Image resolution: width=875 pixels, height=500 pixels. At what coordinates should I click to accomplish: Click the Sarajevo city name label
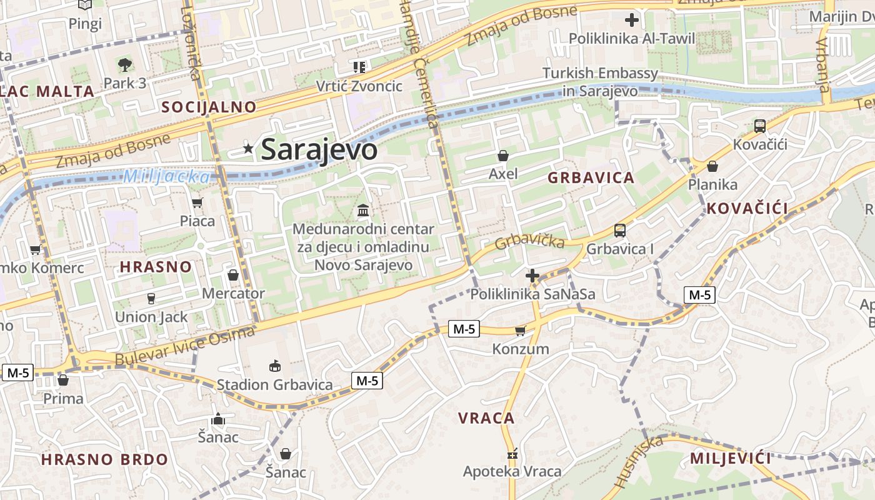(319, 150)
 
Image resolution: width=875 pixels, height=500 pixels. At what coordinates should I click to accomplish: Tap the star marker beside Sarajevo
(249, 149)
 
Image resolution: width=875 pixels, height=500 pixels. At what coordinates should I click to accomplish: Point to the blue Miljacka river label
(166, 177)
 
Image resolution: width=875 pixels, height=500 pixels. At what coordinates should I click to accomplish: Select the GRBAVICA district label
(591, 178)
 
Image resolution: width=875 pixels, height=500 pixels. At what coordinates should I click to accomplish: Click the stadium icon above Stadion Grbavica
(274, 366)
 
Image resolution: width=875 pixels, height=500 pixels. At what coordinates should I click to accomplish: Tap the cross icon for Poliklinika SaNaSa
(532, 276)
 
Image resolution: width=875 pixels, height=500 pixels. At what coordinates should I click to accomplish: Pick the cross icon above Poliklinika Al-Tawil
(632, 20)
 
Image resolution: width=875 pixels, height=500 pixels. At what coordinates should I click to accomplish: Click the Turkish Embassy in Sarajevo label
(600, 82)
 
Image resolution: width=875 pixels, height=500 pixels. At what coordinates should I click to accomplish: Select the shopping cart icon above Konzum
(520, 331)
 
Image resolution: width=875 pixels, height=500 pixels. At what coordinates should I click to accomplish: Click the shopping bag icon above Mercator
(233, 275)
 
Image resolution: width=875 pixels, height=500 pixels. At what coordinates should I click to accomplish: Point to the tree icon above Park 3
(125, 64)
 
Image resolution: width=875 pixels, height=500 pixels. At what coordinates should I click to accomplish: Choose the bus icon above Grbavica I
(620, 231)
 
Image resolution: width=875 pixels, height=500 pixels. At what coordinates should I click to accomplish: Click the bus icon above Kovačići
(760, 126)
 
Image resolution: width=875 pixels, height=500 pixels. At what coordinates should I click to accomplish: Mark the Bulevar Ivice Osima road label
(186, 346)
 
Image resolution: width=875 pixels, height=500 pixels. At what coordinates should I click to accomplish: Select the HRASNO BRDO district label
(104, 460)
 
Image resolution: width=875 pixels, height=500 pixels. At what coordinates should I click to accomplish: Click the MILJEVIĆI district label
(730, 459)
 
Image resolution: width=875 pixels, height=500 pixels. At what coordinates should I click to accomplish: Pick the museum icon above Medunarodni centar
(363, 211)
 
